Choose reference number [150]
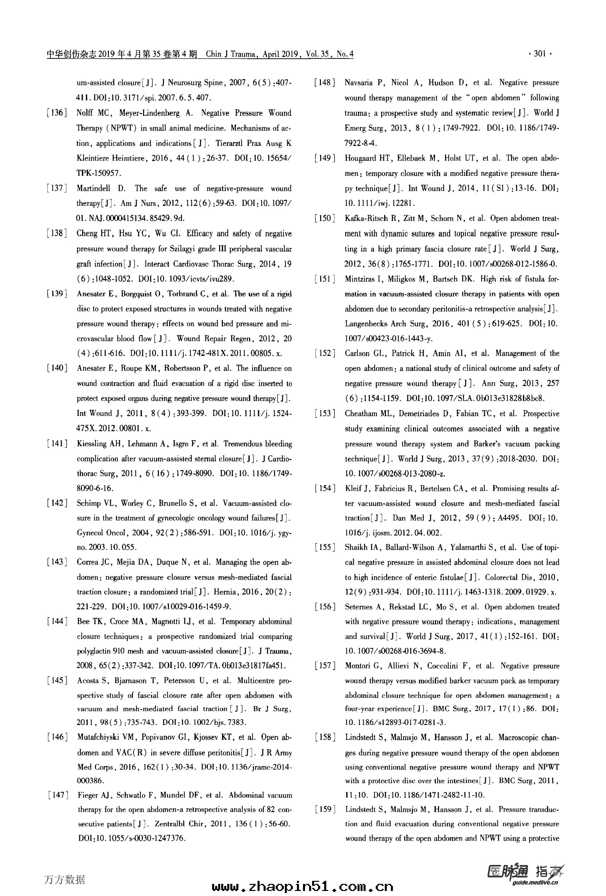coord(325,218)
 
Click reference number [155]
coord(325,547)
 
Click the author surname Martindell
coord(93,189)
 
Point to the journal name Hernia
coord(224,592)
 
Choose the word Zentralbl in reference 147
coord(170,824)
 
